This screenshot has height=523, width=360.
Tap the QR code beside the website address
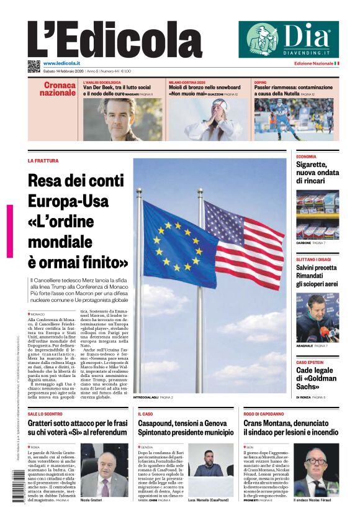pyautogui.click(x=34, y=66)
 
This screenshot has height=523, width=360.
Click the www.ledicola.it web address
pyautogui.click(x=61, y=63)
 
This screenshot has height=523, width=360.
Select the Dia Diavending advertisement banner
pyautogui.click(x=289, y=40)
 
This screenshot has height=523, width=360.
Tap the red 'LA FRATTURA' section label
pyautogui.click(x=43, y=161)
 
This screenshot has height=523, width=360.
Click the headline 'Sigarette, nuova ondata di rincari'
pyautogui.click(x=317, y=173)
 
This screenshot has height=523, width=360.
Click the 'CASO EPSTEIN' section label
pyautogui.click(x=310, y=362)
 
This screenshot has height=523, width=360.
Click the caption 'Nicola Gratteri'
pyautogui.click(x=92, y=500)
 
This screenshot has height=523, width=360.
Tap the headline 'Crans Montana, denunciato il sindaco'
pyautogui.click(x=290, y=427)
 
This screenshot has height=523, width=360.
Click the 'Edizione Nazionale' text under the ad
pyautogui.click(x=313, y=63)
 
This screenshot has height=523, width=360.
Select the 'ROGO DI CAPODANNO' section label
pyautogui.click(x=264, y=413)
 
